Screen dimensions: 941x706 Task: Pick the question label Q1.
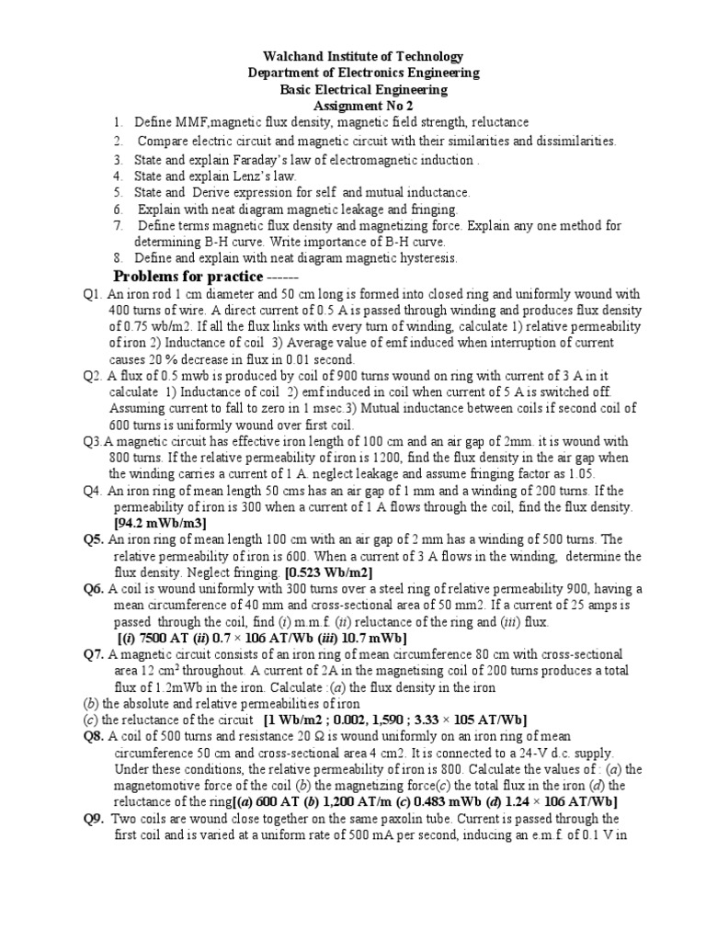coord(91,295)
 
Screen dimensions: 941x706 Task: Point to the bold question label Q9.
coord(94,819)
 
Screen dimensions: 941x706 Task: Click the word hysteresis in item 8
coord(423,258)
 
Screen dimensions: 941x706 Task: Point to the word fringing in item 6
coord(430,209)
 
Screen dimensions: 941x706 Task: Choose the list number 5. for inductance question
coord(119,192)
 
